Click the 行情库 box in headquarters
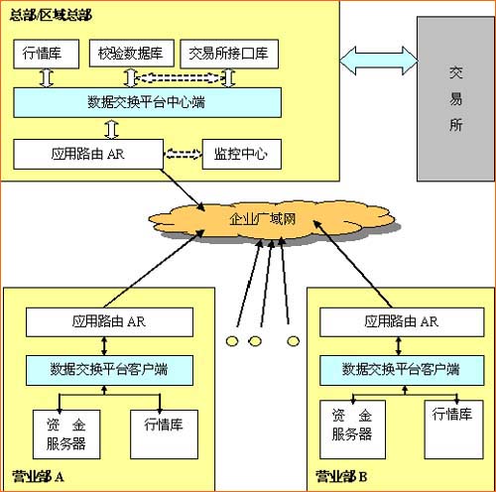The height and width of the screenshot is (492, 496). [x=42, y=53]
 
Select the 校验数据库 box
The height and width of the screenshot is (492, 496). [x=131, y=53]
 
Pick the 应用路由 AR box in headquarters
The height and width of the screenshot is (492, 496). [x=86, y=154]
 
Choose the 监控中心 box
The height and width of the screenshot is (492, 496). [x=241, y=154]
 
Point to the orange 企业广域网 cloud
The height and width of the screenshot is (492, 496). [x=263, y=218]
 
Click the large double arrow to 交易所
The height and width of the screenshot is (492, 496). [x=377, y=62]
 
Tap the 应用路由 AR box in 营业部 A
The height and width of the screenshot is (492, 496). [x=110, y=321]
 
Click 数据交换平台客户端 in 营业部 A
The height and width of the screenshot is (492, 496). [x=110, y=369]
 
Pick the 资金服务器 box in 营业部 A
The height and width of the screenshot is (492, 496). [x=65, y=433]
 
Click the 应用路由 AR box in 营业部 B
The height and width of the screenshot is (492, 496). [x=402, y=321]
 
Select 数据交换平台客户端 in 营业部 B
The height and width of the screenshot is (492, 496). [x=402, y=369]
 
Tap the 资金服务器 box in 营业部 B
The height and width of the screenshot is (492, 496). [x=353, y=427]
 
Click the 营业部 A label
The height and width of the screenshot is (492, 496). [x=39, y=477]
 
